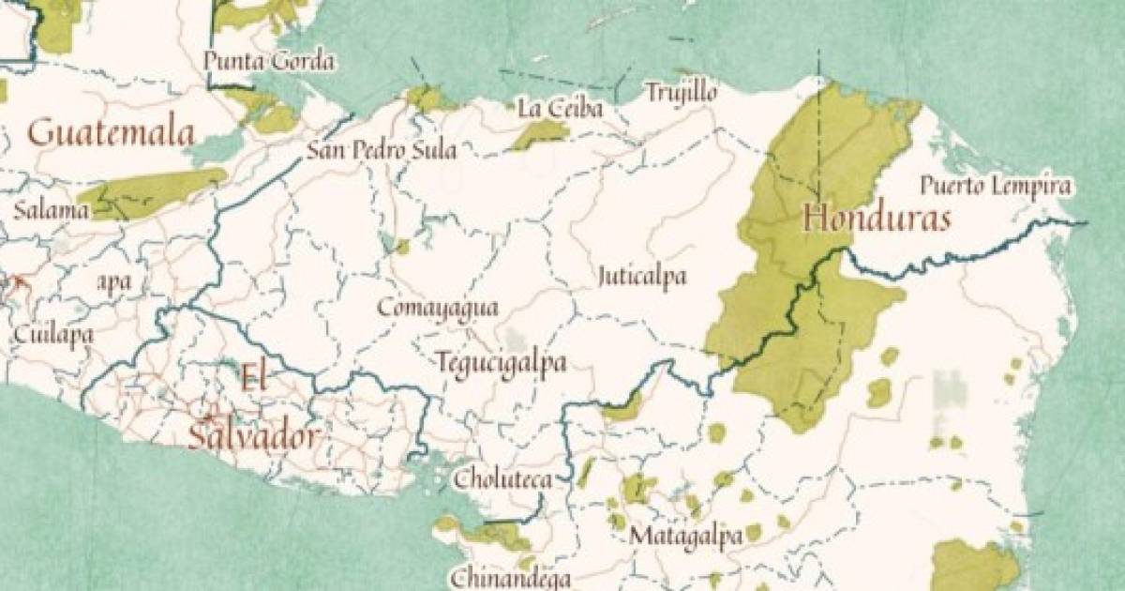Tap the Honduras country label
(x=877, y=220)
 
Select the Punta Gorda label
(x=269, y=63)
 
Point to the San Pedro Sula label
(x=382, y=150)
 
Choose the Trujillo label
(x=681, y=93)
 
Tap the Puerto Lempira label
(x=995, y=185)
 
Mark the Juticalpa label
(x=642, y=277)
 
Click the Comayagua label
(x=438, y=308)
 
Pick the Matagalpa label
(x=686, y=537)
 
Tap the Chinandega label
(x=511, y=578)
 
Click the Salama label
(x=51, y=210)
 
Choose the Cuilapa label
(x=52, y=333)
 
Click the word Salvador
(x=253, y=437)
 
